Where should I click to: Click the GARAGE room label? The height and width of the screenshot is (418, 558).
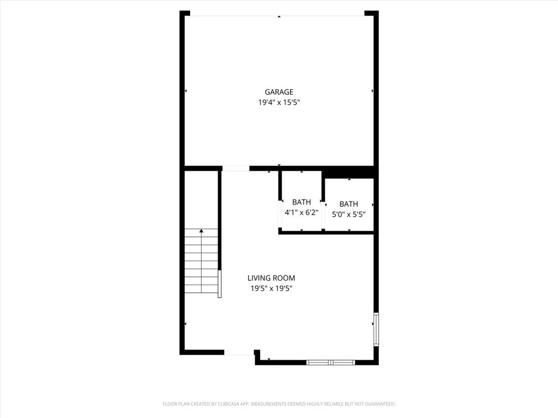pos(279,92)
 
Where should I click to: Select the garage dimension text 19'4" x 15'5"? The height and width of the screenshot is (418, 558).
pos(279,102)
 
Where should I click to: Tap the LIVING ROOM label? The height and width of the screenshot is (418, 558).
pos(271,278)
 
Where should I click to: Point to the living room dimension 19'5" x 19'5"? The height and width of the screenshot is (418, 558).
pos(271,288)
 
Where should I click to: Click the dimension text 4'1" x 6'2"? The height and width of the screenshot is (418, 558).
pos(301,213)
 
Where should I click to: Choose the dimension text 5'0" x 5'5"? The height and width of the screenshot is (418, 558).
pos(349,214)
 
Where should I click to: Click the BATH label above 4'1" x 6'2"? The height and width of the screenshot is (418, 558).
pos(301,202)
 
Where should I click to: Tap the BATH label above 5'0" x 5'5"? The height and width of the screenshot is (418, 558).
pos(349,204)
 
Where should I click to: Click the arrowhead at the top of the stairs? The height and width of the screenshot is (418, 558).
pos(202,231)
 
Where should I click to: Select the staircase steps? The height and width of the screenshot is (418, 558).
pos(201,261)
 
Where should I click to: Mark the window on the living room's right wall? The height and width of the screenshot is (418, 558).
pos(376,329)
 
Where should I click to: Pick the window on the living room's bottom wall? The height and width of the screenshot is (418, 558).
pos(331,362)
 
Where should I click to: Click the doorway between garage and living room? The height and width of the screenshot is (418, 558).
pos(236,169)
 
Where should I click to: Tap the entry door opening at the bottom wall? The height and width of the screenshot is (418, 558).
pos(239,353)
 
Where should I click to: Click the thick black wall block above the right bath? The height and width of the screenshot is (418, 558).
pos(349,173)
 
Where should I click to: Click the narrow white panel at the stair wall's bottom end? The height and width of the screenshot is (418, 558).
pos(220,284)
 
